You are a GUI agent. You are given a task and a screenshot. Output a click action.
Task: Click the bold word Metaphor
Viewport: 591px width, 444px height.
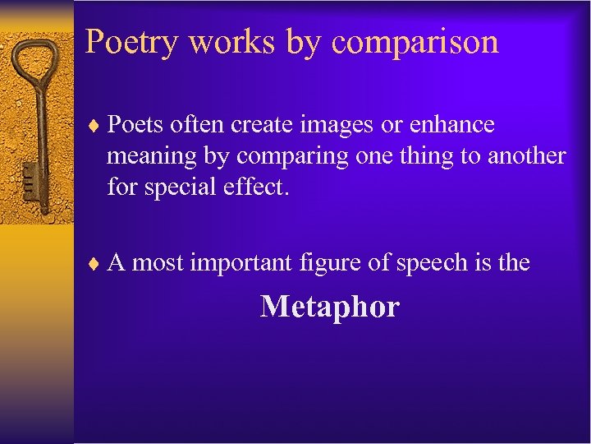[x=329, y=307]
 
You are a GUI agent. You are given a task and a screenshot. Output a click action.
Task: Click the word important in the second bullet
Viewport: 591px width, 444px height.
[x=241, y=263]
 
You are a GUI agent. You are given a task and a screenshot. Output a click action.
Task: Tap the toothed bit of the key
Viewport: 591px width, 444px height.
[x=30, y=176]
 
